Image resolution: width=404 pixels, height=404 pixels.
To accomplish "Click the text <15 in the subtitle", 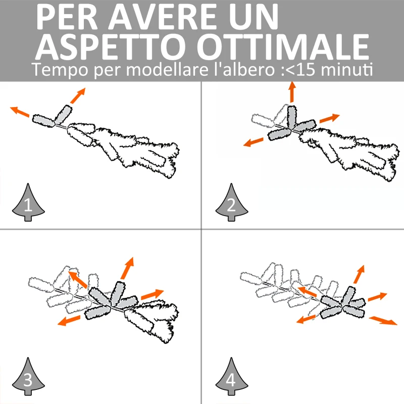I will coord(301,70).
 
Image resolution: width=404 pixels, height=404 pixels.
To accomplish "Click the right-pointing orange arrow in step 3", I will coord(153,294).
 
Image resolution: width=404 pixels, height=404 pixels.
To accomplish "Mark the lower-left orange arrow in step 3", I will coord(69,321).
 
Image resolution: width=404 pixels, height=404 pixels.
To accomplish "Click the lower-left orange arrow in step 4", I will coord(307,319).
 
